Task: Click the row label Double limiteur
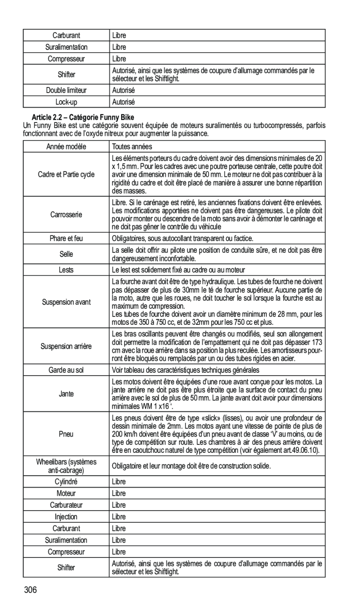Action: pyautogui.click(x=66, y=90)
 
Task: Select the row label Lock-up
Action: pyautogui.click(x=66, y=102)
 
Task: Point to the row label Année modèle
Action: pyautogui.click(x=66, y=147)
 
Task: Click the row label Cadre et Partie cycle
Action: pyautogui.click(x=66, y=174)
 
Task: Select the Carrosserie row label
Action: pyautogui.click(x=66, y=214)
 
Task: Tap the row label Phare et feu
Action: pyautogui.click(x=66, y=239)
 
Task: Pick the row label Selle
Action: pyautogui.click(x=66, y=254)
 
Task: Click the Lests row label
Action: pyautogui.click(x=66, y=270)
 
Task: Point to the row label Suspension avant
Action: pyautogui.click(x=66, y=302)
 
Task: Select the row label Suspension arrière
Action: pyautogui.click(x=66, y=346)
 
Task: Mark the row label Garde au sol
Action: pyautogui.click(x=66, y=370)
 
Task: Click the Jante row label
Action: pyautogui.click(x=66, y=394)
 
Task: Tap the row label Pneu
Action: pyautogui.click(x=66, y=434)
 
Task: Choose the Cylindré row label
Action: pyautogui.click(x=66, y=482)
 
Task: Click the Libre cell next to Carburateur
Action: pyautogui.click(x=119, y=505)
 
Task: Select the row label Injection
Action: pyautogui.click(x=66, y=517)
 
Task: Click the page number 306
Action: pyautogui.click(x=31, y=591)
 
